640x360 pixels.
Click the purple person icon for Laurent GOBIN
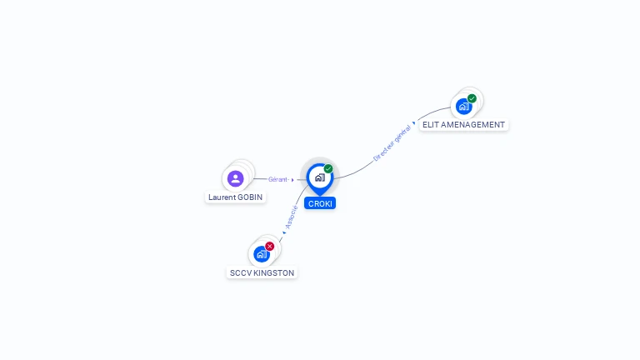[x=235, y=178]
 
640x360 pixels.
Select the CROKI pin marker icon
[x=319, y=177]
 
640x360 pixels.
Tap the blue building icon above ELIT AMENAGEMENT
[x=463, y=106]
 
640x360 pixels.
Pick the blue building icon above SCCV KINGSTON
[x=262, y=253]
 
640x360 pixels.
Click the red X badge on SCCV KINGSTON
[x=269, y=246]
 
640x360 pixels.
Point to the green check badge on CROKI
[x=328, y=168]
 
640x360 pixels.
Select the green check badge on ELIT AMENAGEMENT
[x=472, y=98]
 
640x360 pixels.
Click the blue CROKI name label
[x=320, y=203]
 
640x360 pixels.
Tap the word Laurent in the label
[x=222, y=197]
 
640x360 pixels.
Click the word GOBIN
[x=250, y=197]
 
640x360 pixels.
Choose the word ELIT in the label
[x=430, y=125]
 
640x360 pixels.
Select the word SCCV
[x=240, y=272]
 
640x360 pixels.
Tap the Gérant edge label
[x=277, y=179]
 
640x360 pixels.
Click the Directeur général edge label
[x=392, y=142]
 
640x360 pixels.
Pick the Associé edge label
[x=292, y=217]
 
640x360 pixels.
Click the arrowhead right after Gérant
[x=292, y=179]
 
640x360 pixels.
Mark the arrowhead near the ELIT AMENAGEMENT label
[x=414, y=122]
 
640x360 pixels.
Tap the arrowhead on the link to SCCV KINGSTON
[x=282, y=233]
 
